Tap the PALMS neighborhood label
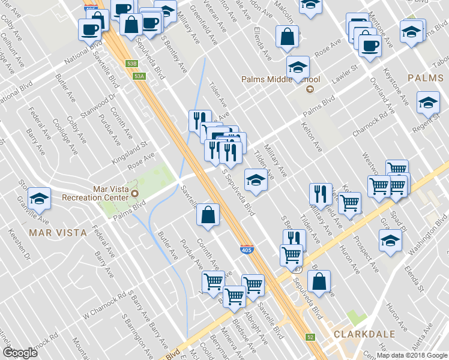pyautogui.click(x=425, y=78)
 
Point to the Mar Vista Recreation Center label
pyautogui.click(x=110, y=193)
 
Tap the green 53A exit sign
pyautogui.click(x=139, y=76)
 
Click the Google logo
pyautogui.click(x=20, y=352)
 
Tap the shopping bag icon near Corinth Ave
pyautogui.click(x=207, y=215)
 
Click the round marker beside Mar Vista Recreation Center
pyautogui.click(x=135, y=193)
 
